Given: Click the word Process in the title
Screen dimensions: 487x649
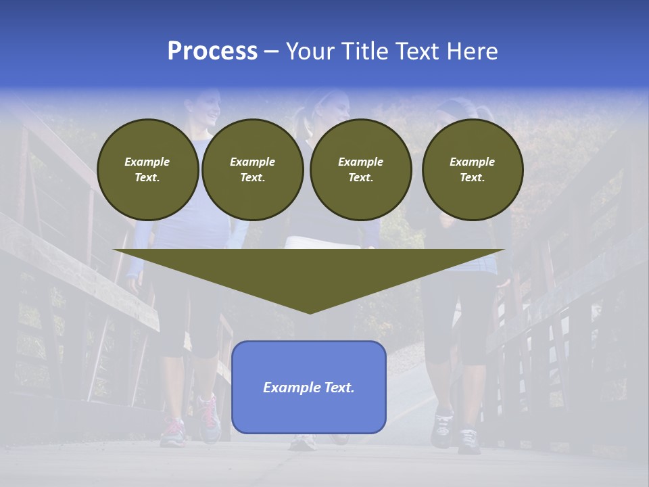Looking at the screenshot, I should pyautogui.click(x=212, y=51).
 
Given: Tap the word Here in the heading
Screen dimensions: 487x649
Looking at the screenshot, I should pyautogui.click(x=473, y=51).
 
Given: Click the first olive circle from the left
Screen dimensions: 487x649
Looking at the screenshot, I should pyautogui.click(x=147, y=170).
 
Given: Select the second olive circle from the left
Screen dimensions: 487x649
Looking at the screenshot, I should pyautogui.click(x=252, y=170).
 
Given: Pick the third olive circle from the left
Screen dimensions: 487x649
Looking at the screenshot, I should pyautogui.click(x=360, y=170).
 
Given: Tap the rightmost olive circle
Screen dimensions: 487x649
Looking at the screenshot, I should pyautogui.click(x=472, y=170).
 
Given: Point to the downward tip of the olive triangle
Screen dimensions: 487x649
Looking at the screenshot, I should pyautogui.click(x=310, y=311).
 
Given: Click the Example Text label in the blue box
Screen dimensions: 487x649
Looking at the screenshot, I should pyautogui.click(x=308, y=388).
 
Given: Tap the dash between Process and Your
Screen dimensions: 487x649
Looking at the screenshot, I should pyautogui.click(x=271, y=51).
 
